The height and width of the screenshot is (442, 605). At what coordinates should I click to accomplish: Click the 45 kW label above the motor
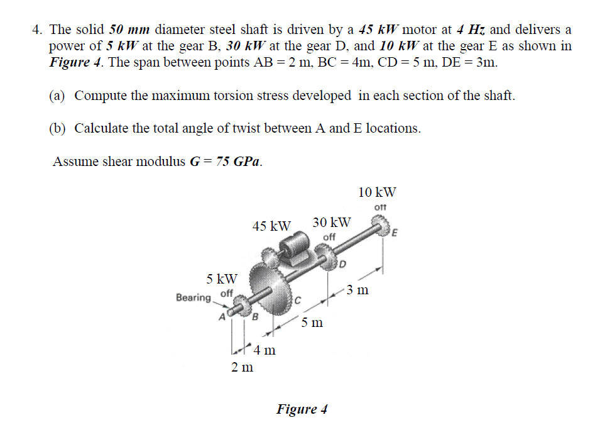coord(271,225)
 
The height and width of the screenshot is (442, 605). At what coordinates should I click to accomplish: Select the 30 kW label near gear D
coord(331,223)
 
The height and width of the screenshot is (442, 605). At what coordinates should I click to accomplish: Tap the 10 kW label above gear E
coord(377,192)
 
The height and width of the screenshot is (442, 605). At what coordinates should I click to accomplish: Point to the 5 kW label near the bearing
coord(222,278)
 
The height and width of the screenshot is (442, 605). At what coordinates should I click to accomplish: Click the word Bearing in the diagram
coord(193,297)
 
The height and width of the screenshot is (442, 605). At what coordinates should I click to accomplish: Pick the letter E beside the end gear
coord(395,234)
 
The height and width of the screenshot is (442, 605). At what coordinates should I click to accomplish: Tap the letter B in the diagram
coord(254,316)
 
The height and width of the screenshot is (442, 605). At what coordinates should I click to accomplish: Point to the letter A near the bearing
coord(221,316)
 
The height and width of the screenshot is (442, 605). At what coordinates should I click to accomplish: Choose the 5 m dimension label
coord(312,323)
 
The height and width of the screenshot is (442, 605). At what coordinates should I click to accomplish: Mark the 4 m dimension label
coord(264,350)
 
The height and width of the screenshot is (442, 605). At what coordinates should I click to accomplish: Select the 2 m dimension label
coord(242,367)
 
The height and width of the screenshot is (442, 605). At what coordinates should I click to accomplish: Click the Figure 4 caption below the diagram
coord(302,409)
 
